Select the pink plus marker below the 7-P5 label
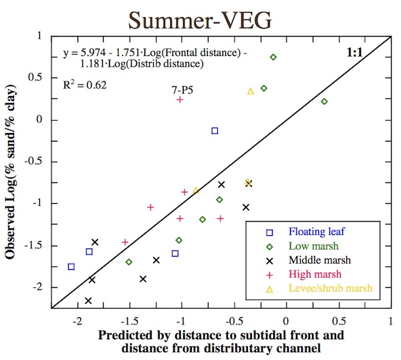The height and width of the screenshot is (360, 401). [x=180, y=100]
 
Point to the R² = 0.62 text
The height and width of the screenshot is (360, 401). [x=85, y=85]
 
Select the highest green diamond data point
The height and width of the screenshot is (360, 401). [x=273, y=57]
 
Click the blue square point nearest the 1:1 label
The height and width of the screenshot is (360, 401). [x=215, y=131]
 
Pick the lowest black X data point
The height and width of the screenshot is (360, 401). [x=88, y=301]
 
